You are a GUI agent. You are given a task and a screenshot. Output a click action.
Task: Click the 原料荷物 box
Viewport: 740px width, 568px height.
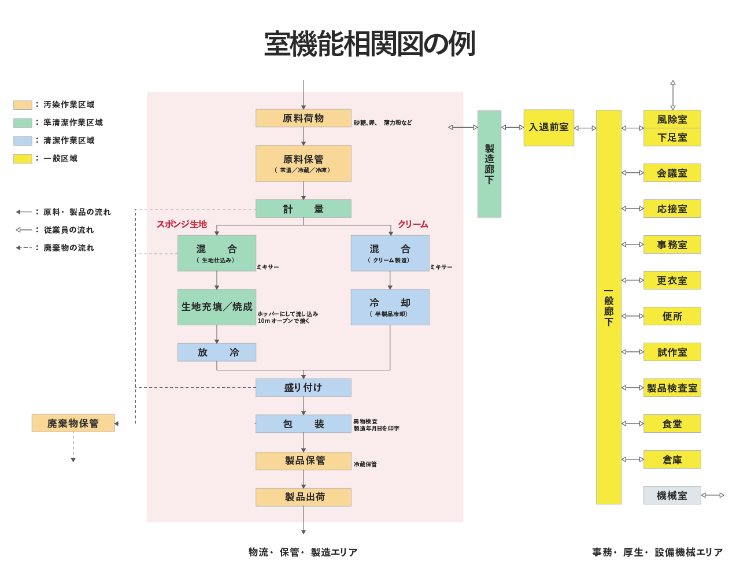pos(303,118)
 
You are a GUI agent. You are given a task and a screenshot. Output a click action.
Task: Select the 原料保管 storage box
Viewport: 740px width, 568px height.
pos(303,164)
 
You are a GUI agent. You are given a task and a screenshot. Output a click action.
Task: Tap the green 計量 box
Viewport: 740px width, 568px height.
pos(303,209)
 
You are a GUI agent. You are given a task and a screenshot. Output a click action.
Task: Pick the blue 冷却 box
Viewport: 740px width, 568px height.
pos(390,307)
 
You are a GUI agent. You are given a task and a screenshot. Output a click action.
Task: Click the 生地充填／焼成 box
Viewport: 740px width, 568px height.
pos(216,307)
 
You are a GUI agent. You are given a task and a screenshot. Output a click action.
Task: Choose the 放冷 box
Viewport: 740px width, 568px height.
pos(216,352)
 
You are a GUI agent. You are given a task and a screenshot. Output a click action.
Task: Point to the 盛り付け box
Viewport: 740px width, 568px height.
pos(303,387)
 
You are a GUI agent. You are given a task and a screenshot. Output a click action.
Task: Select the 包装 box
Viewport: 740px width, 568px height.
pos(303,424)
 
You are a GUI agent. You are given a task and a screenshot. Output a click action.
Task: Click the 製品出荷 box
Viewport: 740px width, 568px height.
pos(303,497)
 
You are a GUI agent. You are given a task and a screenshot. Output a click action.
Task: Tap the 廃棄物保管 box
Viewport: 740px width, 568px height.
pos(73,423)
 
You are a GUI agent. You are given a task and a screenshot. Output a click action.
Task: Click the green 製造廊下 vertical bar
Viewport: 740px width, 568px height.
pos(489,164)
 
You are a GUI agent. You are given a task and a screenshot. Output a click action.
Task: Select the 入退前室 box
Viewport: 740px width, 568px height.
pos(549,128)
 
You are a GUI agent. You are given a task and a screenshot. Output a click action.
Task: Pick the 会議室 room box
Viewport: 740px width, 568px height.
pos(672,173)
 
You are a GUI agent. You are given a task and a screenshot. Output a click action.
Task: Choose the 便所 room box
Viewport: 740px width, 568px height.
pos(672,316)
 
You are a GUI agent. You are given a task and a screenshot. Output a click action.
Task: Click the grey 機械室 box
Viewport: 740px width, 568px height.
pos(672,495)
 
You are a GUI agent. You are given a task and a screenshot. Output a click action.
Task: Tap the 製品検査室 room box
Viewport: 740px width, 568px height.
pos(672,388)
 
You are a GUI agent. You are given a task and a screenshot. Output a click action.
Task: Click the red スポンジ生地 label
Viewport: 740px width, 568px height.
pos(182,224)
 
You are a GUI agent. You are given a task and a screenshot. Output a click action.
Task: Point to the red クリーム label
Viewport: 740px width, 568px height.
pos(413,224)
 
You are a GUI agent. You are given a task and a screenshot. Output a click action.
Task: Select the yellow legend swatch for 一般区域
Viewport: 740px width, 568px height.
pos(23,158)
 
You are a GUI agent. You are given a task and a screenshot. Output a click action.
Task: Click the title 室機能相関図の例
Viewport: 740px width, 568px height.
pos(369,44)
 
